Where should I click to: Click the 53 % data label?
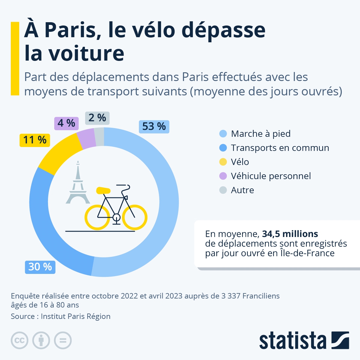click(154, 127)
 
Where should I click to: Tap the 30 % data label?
click(40, 267)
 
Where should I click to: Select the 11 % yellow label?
click(35, 140)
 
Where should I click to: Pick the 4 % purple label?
click(66, 123)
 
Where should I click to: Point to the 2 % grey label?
click(97, 118)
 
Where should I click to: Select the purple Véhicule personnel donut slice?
click(87, 139)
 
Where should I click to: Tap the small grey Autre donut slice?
click(100, 137)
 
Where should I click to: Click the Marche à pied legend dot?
click(223, 134)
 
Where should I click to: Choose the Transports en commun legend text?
click(280, 148)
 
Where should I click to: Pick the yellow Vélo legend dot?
click(223, 162)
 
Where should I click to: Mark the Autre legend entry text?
click(242, 190)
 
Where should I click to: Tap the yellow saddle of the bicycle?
click(103, 190)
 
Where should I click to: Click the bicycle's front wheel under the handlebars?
click(135, 217)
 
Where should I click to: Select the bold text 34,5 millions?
click(290, 234)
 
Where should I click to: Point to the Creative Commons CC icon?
click(19, 340)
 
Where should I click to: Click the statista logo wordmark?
click(292, 341)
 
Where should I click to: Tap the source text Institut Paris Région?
click(76, 316)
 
